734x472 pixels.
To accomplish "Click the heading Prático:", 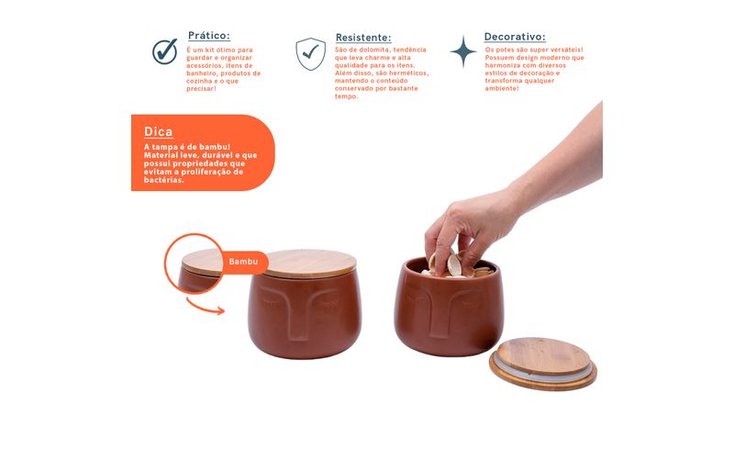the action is (209, 36).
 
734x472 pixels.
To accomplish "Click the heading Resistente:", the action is (363, 38).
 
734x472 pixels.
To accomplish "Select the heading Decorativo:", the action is (515, 37).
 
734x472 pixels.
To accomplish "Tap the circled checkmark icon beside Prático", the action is (165, 51).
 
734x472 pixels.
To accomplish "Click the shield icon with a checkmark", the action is (310, 54).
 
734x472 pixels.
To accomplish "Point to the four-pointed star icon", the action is (463, 51).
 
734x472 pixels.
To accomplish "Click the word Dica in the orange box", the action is (158, 131).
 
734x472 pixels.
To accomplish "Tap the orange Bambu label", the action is (243, 262).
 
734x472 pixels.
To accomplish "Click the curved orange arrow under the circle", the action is (205, 307).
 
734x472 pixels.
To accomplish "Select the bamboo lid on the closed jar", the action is (309, 264).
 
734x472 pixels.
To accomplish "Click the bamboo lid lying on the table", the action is (543, 364).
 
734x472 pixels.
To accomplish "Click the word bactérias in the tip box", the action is (163, 181).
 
